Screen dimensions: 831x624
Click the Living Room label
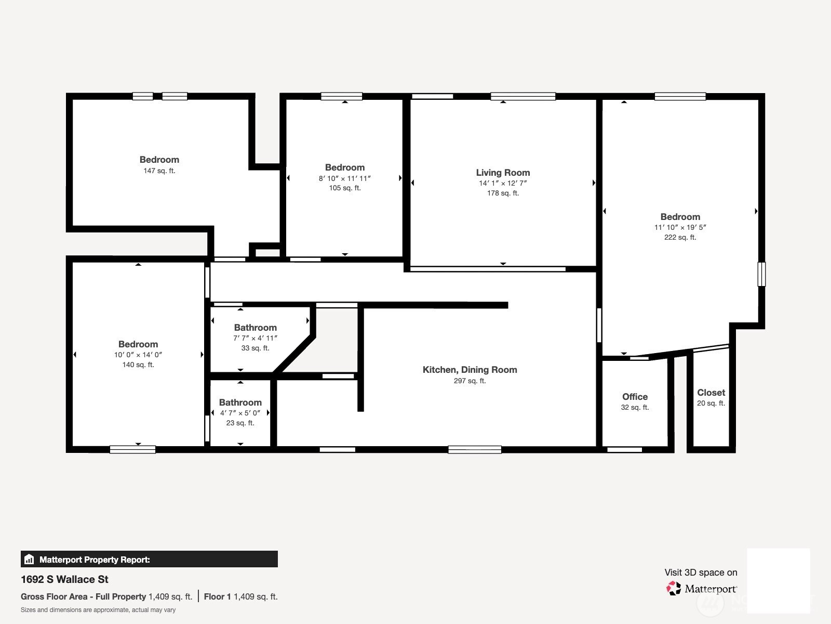coord(503,173)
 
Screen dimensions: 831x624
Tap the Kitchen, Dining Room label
coord(470,370)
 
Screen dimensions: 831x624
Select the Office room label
coord(635,397)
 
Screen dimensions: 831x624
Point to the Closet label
coord(711,393)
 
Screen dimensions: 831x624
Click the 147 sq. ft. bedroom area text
coord(159,171)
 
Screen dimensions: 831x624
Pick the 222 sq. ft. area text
coord(680,237)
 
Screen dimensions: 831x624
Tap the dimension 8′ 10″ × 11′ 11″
coord(344,178)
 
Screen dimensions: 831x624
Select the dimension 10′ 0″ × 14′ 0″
coord(138,355)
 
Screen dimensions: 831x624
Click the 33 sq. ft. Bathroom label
coord(255,328)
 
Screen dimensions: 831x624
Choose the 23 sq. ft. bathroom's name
coord(240,402)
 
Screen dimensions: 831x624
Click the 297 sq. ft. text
coord(470,381)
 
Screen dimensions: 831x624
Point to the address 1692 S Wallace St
coord(64,579)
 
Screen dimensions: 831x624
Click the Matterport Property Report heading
coord(95,560)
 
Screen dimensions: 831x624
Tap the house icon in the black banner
coord(29,559)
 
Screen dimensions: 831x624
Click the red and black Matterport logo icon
coord(674,589)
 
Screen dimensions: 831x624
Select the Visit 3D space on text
coord(701,573)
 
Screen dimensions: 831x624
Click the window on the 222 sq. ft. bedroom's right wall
coord(761,274)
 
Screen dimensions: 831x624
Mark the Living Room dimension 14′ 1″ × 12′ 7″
coord(503,183)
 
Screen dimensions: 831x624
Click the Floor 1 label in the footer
coord(217,597)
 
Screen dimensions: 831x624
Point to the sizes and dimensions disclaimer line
coord(98,610)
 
